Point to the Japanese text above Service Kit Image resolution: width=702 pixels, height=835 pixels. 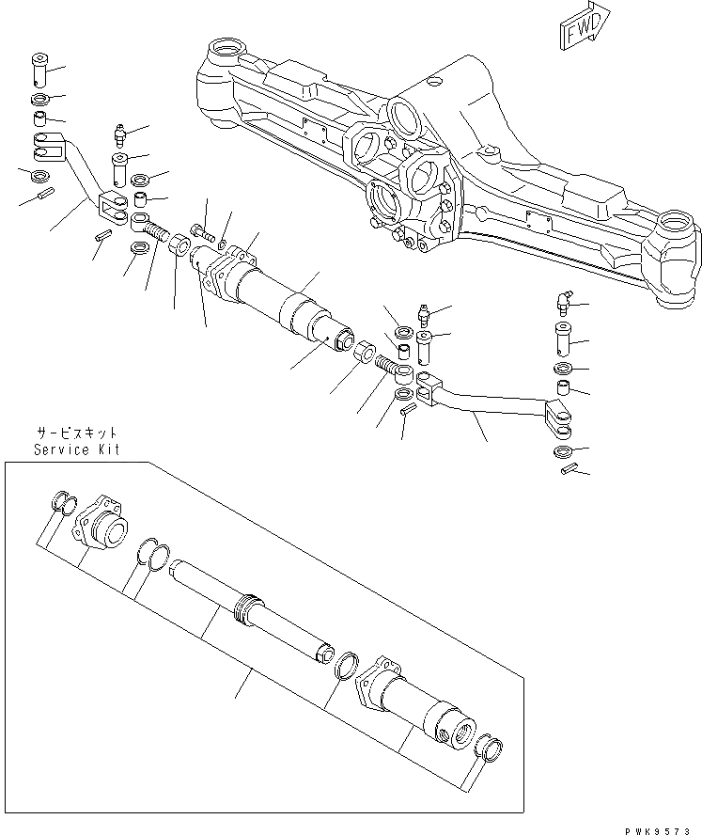pyautogui.click(x=77, y=433)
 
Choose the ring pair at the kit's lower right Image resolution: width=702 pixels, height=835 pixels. pyautogui.click(x=488, y=748)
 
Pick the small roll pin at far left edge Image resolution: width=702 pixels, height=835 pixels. pyautogui.click(x=43, y=196)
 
